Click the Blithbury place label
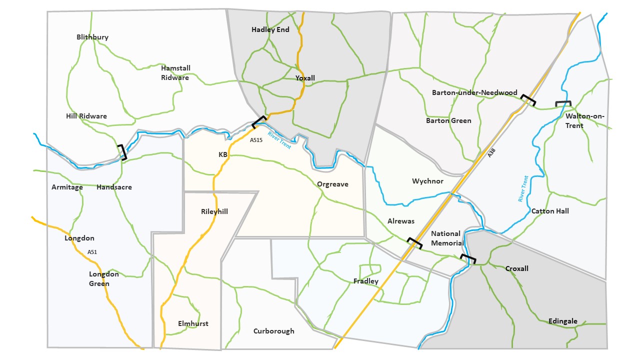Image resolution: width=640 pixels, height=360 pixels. click(x=92, y=37)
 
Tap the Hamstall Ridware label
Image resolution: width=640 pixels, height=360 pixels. click(x=175, y=72)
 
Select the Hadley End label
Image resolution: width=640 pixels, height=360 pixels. click(x=270, y=29)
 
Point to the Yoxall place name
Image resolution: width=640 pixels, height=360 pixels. click(x=305, y=78)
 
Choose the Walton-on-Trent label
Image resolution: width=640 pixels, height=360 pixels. click(x=585, y=121)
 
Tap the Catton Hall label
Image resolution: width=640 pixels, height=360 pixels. click(x=550, y=211)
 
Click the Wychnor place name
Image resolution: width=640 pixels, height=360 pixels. click(x=427, y=181)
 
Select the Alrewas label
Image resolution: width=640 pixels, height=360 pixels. click(x=401, y=221)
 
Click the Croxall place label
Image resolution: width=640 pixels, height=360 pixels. click(x=516, y=268)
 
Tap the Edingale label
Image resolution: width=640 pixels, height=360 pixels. click(x=562, y=321)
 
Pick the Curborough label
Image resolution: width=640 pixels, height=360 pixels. click(x=273, y=331)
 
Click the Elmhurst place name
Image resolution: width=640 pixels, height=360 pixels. click(x=193, y=323)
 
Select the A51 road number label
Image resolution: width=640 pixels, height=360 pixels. click(x=92, y=252)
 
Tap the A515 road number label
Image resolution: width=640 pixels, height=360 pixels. click(x=256, y=140)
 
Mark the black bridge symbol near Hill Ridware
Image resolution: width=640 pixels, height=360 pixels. click(x=122, y=152)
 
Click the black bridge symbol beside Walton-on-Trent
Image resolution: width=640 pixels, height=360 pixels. click(x=563, y=103)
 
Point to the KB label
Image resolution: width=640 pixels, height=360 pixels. click(x=223, y=154)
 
